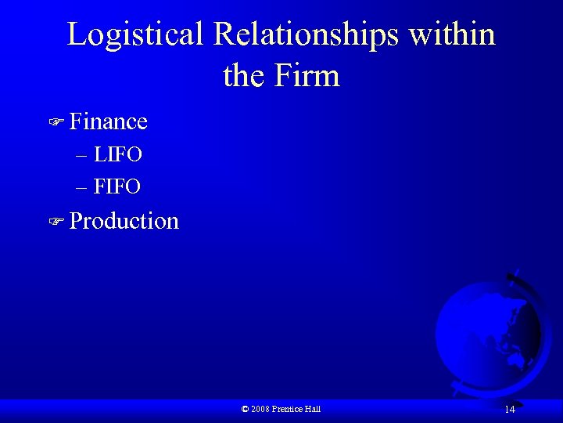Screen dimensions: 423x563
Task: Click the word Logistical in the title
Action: pos(134,35)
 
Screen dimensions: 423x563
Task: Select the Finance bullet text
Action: pos(108,121)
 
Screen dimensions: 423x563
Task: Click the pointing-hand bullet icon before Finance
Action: pos(55,123)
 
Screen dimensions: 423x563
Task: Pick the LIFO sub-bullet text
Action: pos(117,155)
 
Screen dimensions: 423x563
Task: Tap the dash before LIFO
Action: pos(83,155)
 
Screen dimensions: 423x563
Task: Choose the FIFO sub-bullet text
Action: pos(117,186)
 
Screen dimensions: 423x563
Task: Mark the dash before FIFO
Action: pos(83,186)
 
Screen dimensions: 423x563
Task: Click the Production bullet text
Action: pos(124,221)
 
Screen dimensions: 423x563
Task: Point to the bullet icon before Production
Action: pos(55,222)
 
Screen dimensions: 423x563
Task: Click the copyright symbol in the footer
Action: pos(245,409)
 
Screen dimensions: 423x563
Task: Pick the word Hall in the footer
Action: pos(313,409)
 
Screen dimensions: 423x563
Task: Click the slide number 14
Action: pos(509,410)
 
